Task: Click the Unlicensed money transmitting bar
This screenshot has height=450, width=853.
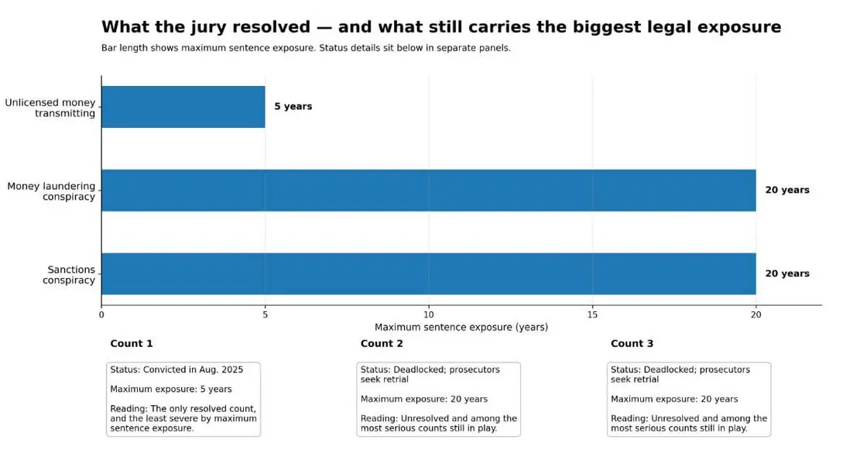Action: (183, 107)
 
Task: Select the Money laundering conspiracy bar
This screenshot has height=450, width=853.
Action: (429, 191)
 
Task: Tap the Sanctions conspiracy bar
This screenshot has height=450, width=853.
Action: (429, 273)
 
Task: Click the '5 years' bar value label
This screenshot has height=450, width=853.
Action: (293, 107)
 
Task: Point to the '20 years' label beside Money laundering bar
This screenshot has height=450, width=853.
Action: (787, 191)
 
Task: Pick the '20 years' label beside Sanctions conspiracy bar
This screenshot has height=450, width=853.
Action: (787, 273)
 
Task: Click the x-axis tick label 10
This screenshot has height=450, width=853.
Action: (429, 314)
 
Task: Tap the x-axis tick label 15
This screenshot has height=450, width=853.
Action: (592, 314)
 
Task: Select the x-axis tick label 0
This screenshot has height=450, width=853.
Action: (101, 314)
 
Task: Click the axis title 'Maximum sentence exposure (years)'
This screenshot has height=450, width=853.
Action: (461, 328)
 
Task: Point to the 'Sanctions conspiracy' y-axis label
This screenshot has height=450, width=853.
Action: (69, 275)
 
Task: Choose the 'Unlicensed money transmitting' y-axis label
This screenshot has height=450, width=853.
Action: (50, 108)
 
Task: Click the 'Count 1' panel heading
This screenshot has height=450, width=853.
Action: (132, 343)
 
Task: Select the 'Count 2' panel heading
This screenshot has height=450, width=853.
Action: (382, 343)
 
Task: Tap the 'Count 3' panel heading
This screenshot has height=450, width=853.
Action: (632, 343)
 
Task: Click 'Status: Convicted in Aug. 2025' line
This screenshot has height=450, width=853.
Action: (176, 369)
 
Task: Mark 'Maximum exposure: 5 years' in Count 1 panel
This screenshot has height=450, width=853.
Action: (171, 389)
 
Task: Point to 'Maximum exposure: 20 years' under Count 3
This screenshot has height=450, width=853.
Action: (674, 399)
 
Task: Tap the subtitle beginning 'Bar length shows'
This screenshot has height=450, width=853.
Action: (306, 48)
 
